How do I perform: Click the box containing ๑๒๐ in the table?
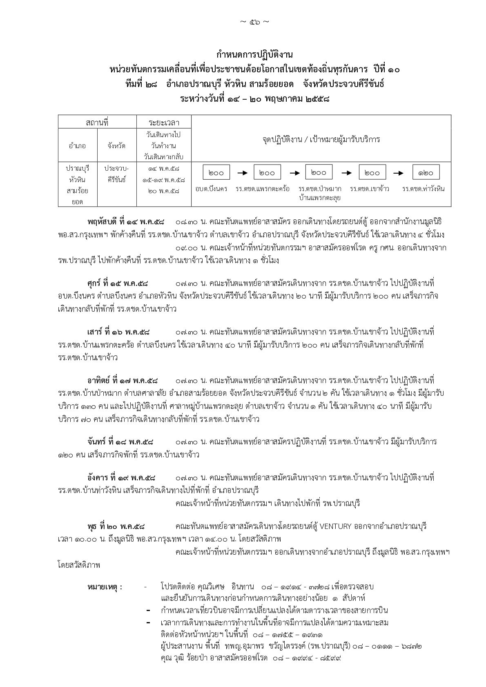(x=426, y=172)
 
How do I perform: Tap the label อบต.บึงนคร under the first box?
(x=211, y=189)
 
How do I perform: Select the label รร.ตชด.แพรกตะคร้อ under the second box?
(x=263, y=189)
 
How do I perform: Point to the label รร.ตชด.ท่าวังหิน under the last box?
(x=423, y=189)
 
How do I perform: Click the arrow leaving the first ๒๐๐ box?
(x=242, y=173)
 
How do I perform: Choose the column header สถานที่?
(x=97, y=122)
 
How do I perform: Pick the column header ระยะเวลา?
(x=164, y=122)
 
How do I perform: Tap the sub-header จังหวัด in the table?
(x=116, y=145)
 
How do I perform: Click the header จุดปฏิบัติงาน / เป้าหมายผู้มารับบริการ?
(x=321, y=139)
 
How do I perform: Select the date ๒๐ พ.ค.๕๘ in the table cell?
(x=164, y=191)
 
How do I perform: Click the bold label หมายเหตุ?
(x=105, y=587)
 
